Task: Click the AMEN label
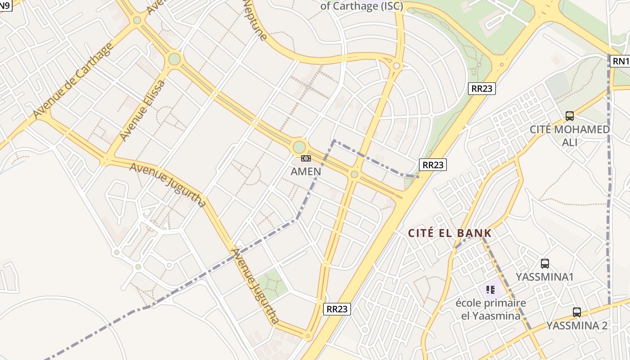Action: coord(306,171)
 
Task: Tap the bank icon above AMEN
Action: coord(306,158)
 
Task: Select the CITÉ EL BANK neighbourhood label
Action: coord(450,233)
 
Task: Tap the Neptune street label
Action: coord(255,20)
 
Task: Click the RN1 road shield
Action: coord(620,61)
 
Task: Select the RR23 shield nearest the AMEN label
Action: coord(433,165)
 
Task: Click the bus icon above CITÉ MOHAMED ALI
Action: coord(570,116)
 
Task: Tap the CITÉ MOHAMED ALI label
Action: coord(570,135)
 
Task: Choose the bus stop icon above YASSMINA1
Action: coord(545,264)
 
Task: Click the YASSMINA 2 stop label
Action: coord(577,325)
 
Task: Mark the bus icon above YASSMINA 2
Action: coord(577,312)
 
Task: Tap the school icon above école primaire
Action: coord(490,290)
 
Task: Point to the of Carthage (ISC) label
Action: coord(362,6)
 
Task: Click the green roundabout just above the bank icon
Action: coord(299,147)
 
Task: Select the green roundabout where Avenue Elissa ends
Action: coord(174,59)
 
